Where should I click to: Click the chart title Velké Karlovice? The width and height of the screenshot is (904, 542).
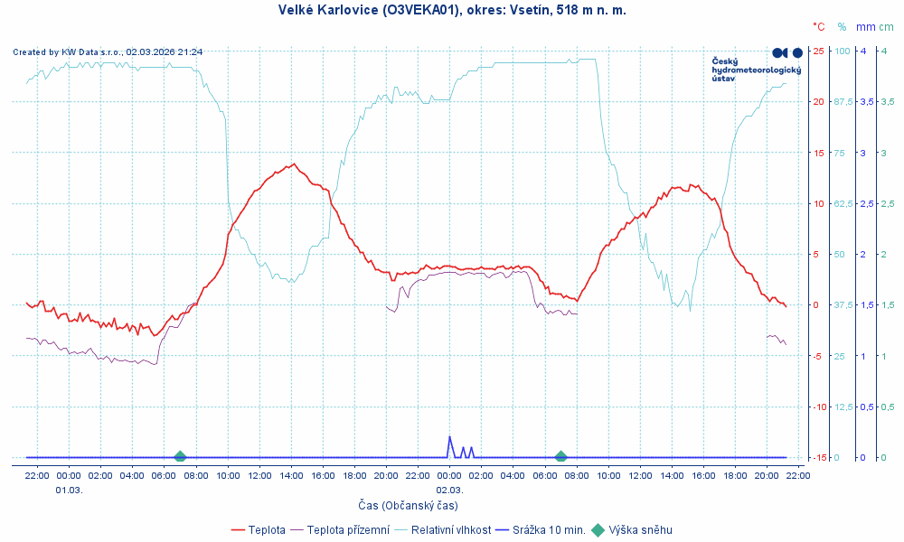(x=452, y=10)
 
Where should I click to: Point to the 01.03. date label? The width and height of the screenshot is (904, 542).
(x=69, y=490)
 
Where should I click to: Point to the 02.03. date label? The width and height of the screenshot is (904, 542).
(x=449, y=490)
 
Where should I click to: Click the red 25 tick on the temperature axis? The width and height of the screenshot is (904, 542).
(x=818, y=51)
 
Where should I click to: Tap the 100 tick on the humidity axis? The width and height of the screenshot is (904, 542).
(x=842, y=51)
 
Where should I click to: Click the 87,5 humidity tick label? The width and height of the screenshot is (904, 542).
(x=843, y=101)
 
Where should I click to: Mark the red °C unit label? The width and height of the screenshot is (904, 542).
(x=819, y=27)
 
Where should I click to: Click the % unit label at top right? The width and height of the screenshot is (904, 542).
(x=842, y=27)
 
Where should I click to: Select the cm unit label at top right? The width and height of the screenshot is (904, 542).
(x=886, y=27)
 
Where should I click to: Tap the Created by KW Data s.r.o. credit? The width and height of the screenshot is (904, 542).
(x=108, y=52)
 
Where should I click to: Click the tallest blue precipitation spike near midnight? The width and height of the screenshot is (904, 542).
(x=449, y=438)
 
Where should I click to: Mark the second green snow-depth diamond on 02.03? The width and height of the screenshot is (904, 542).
(x=560, y=457)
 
